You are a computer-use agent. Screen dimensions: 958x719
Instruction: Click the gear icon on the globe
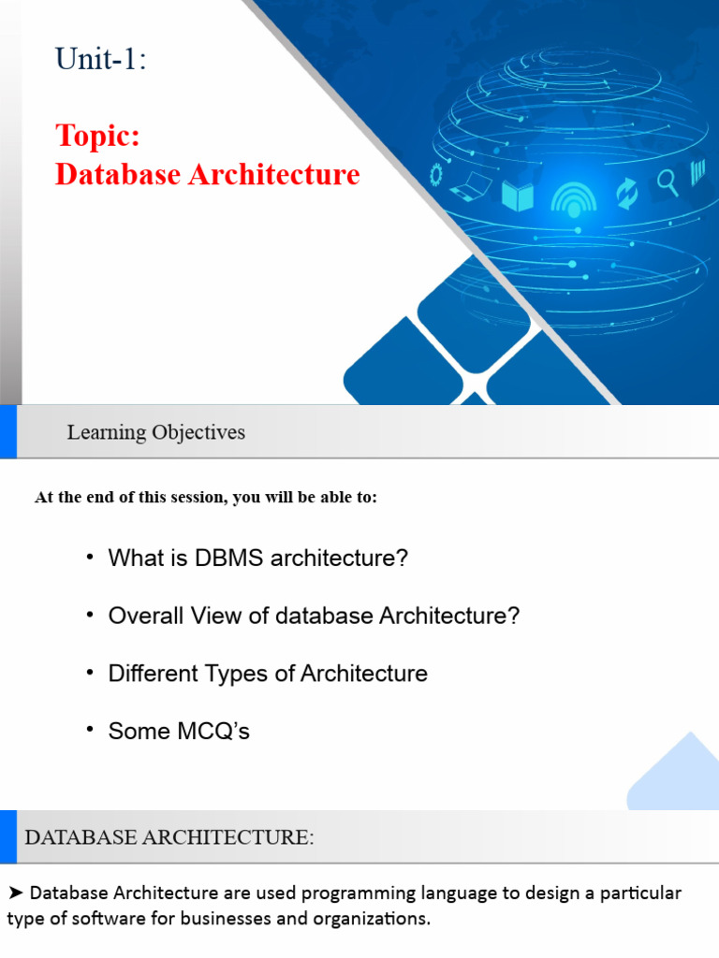click(x=435, y=174)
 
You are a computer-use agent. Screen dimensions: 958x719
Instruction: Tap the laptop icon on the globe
click(x=470, y=186)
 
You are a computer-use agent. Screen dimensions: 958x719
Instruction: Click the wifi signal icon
click(x=573, y=197)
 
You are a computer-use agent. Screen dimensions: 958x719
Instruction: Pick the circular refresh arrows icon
click(x=625, y=192)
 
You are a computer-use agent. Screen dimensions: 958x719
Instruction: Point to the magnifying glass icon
click(x=668, y=181)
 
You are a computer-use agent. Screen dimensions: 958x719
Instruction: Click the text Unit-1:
click(x=101, y=60)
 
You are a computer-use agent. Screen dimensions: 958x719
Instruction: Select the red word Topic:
click(x=97, y=136)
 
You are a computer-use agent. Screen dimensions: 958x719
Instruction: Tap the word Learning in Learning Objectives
click(x=107, y=432)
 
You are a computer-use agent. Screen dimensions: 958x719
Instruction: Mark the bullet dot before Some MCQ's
click(x=90, y=730)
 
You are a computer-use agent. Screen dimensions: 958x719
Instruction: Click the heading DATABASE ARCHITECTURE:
click(x=169, y=838)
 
